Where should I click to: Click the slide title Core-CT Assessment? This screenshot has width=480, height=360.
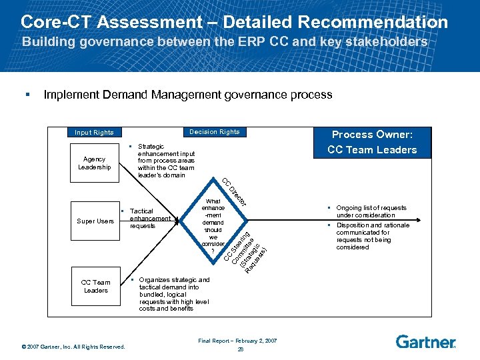tap(234, 21)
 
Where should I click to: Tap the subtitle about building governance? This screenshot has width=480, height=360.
tap(225, 41)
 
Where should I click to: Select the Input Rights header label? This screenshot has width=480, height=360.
tap(94, 132)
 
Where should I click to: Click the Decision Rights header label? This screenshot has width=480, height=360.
tap(214, 131)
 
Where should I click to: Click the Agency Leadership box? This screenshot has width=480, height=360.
tap(95, 163)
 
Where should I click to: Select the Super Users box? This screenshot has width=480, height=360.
tap(95, 221)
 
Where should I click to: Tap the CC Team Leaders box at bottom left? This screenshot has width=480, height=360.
tap(96, 286)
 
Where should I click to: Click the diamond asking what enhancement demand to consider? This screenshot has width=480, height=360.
tap(213, 221)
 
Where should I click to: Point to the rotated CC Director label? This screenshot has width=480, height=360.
tap(235, 191)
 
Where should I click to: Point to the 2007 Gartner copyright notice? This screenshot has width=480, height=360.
tap(73, 346)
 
